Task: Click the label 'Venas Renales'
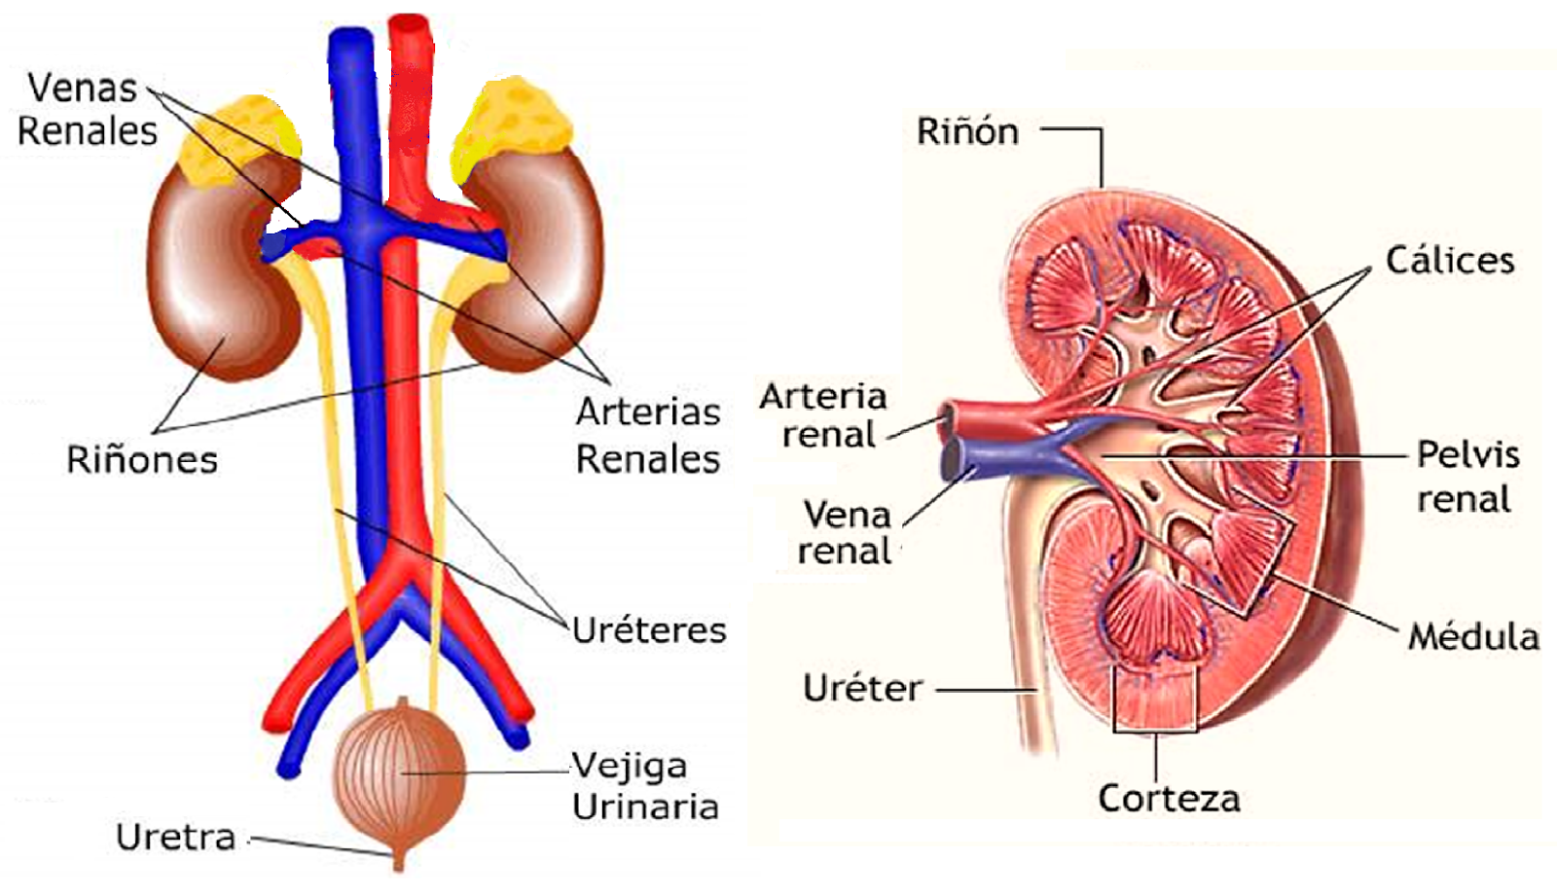86,109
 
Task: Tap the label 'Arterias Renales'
648,435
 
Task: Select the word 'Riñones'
142,459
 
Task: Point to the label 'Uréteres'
649,630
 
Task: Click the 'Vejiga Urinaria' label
643,786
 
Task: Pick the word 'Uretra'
176,838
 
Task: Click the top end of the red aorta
410,24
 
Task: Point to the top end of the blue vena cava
349,39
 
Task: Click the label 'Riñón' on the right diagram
967,131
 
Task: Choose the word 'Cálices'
1450,261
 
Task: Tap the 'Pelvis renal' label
1466,477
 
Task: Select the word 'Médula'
1473,637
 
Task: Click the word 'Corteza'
1169,799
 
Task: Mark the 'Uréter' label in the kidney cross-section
862,689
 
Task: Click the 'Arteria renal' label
824,415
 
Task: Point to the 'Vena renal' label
845,532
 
